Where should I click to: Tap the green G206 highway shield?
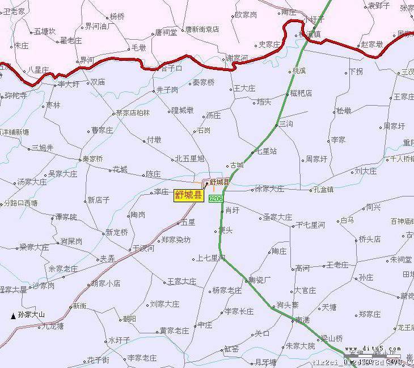tap(216, 199)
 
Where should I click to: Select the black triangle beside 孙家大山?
tap(13, 315)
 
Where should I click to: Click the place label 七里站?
tap(267, 152)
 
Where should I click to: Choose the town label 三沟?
tap(285, 124)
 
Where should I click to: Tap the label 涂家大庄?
tap(269, 189)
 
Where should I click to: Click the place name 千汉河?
tap(143, 248)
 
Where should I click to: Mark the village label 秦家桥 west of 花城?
tap(93, 159)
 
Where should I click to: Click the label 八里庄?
tap(39, 70)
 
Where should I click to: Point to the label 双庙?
tap(98, 82)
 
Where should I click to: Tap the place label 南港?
tap(302, 320)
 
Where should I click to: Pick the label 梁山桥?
tap(332, 338)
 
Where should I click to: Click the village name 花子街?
tap(98, 360)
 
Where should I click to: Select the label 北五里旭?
tap(189, 159)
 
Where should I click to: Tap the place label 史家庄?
tap(269, 44)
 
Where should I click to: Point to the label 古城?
tap(236, 165)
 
